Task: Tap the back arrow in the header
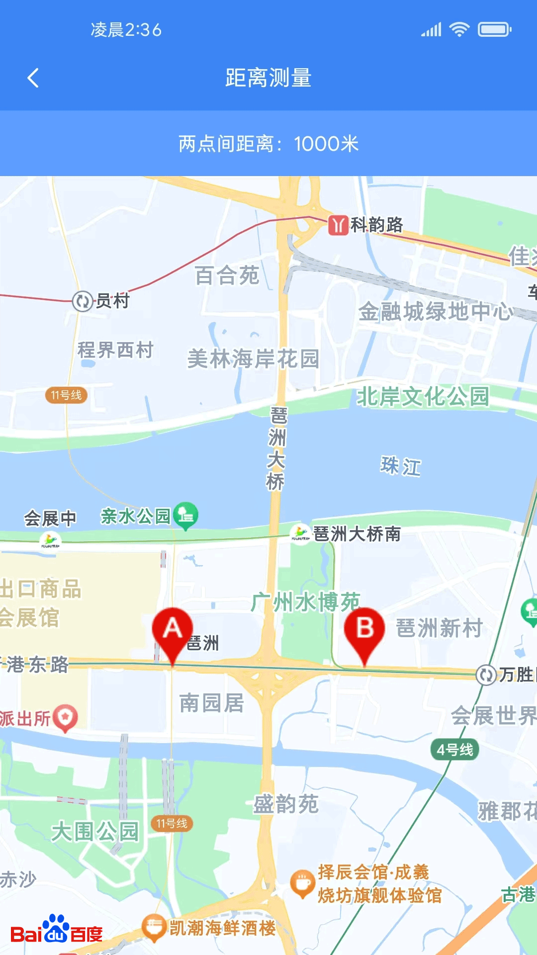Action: pyautogui.click(x=33, y=78)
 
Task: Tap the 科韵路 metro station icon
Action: pyautogui.click(x=338, y=225)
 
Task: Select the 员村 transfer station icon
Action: pyautogui.click(x=83, y=301)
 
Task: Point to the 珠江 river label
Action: pyautogui.click(x=401, y=466)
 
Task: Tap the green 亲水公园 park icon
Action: pyautogui.click(x=185, y=515)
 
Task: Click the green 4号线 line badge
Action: pyautogui.click(x=454, y=750)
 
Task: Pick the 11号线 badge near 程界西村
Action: pyautogui.click(x=66, y=395)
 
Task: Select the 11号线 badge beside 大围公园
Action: pyautogui.click(x=172, y=824)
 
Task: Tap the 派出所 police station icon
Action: pyautogui.click(x=66, y=718)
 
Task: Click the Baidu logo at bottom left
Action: pyautogui.click(x=57, y=930)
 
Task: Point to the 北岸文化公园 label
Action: pyautogui.click(x=423, y=396)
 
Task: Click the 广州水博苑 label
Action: pyautogui.click(x=305, y=602)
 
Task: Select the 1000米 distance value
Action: pyautogui.click(x=326, y=144)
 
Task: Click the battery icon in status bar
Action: pyautogui.click(x=494, y=30)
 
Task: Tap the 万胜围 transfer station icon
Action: pyautogui.click(x=486, y=675)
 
